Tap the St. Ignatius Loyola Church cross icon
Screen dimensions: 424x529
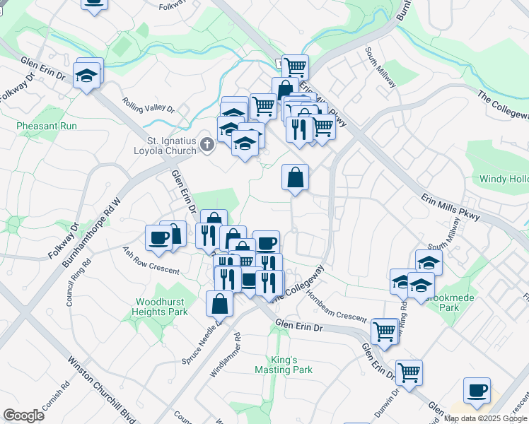point(207,146)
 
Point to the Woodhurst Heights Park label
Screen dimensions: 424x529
point(161,307)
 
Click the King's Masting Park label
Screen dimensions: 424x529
point(293,365)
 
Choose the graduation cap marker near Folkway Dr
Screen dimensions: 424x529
point(86,76)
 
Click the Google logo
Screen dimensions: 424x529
point(23,416)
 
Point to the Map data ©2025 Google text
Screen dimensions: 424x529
point(485,418)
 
